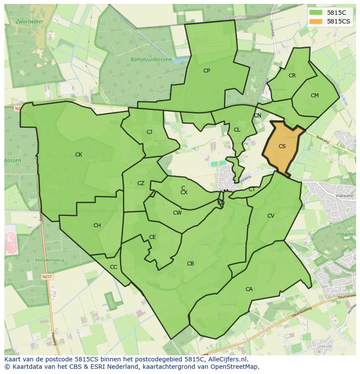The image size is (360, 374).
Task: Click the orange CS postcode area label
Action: point(282,146)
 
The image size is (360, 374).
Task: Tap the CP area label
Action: point(207,70)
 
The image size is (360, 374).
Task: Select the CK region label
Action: point(79,155)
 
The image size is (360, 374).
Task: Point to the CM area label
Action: point(315,96)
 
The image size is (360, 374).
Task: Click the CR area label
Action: point(292,76)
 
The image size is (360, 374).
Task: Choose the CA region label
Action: point(249,289)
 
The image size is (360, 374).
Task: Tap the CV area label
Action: point(271,216)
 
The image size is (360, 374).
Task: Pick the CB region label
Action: point(190,264)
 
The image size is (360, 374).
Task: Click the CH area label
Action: point(97,225)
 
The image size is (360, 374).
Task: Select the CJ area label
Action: point(149,132)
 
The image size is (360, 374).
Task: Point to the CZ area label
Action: point(141,183)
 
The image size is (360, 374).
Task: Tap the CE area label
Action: point(153,237)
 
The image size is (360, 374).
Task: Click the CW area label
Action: point(177,213)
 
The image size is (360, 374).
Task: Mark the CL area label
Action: point(237,130)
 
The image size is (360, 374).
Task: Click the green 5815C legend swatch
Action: point(316,13)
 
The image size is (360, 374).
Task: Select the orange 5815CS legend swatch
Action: point(316,21)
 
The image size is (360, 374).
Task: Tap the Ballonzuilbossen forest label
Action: point(151,60)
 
